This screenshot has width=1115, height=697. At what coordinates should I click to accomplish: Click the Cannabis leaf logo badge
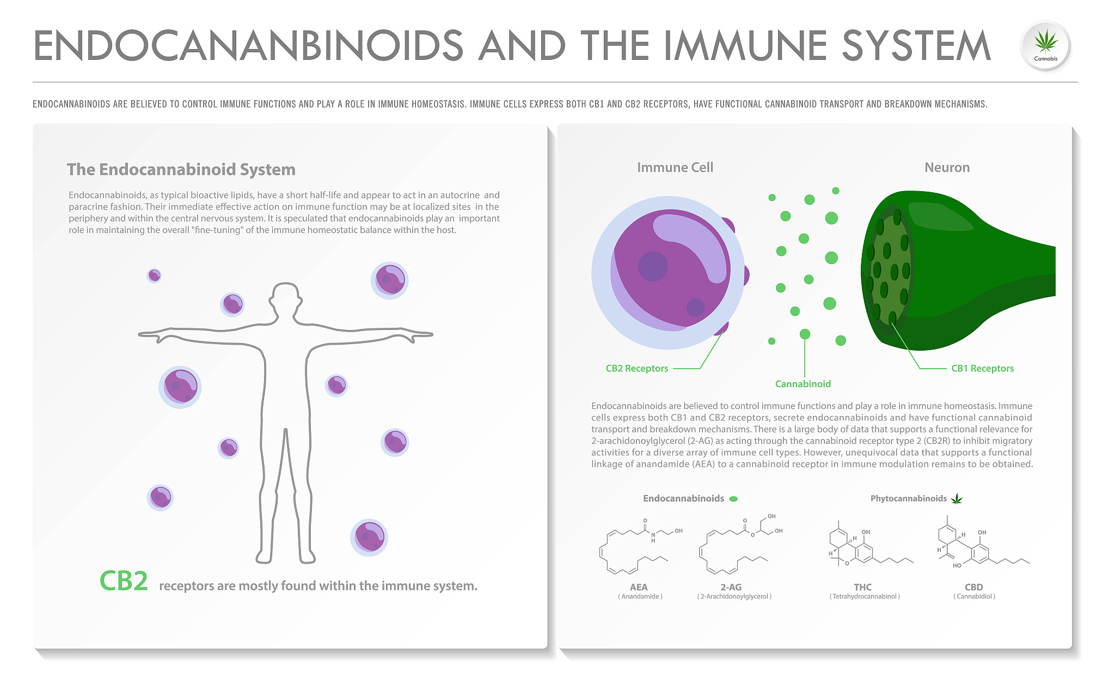pyautogui.click(x=1045, y=46)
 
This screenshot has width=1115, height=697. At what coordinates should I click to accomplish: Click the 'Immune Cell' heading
pyautogui.click(x=675, y=168)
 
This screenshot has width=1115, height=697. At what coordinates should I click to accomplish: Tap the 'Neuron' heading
pyautogui.click(x=947, y=168)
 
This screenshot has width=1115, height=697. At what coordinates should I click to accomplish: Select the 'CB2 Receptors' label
pyautogui.click(x=636, y=369)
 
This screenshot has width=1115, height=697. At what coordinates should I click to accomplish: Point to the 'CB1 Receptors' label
pyautogui.click(x=982, y=369)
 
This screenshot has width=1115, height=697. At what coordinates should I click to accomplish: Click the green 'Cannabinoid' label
pyautogui.click(x=803, y=384)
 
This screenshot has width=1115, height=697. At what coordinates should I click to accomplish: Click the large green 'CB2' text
pyautogui.click(x=124, y=581)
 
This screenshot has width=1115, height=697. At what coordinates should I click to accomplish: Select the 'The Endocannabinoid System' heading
pyautogui.click(x=181, y=169)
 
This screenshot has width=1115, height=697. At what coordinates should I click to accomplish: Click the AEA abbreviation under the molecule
pyautogui.click(x=639, y=587)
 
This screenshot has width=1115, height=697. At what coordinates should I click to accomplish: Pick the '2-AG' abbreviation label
pyautogui.click(x=731, y=587)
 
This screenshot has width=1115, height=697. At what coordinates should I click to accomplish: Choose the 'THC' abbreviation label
pyautogui.click(x=862, y=587)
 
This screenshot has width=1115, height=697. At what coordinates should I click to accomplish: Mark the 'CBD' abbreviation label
pyautogui.click(x=973, y=587)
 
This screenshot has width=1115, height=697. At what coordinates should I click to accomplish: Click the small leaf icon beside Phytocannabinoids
pyautogui.click(x=957, y=499)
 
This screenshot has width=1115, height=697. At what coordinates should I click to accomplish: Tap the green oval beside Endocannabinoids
pyautogui.click(x=733, y=499)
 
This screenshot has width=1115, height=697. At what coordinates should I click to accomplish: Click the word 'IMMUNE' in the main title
pyautogui.click(x=745, y=46)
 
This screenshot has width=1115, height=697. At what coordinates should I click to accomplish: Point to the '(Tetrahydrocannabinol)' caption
pyautogui.click(x=865, y=597)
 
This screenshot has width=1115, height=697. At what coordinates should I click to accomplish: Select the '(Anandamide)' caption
pyautogui.click(x=640, y=597)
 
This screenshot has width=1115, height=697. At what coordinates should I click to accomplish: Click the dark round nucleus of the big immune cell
pyautogui.click(x=653, y=266)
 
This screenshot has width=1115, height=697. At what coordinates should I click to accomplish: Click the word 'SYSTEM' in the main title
pyautogui.click(x=916, y=46)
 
